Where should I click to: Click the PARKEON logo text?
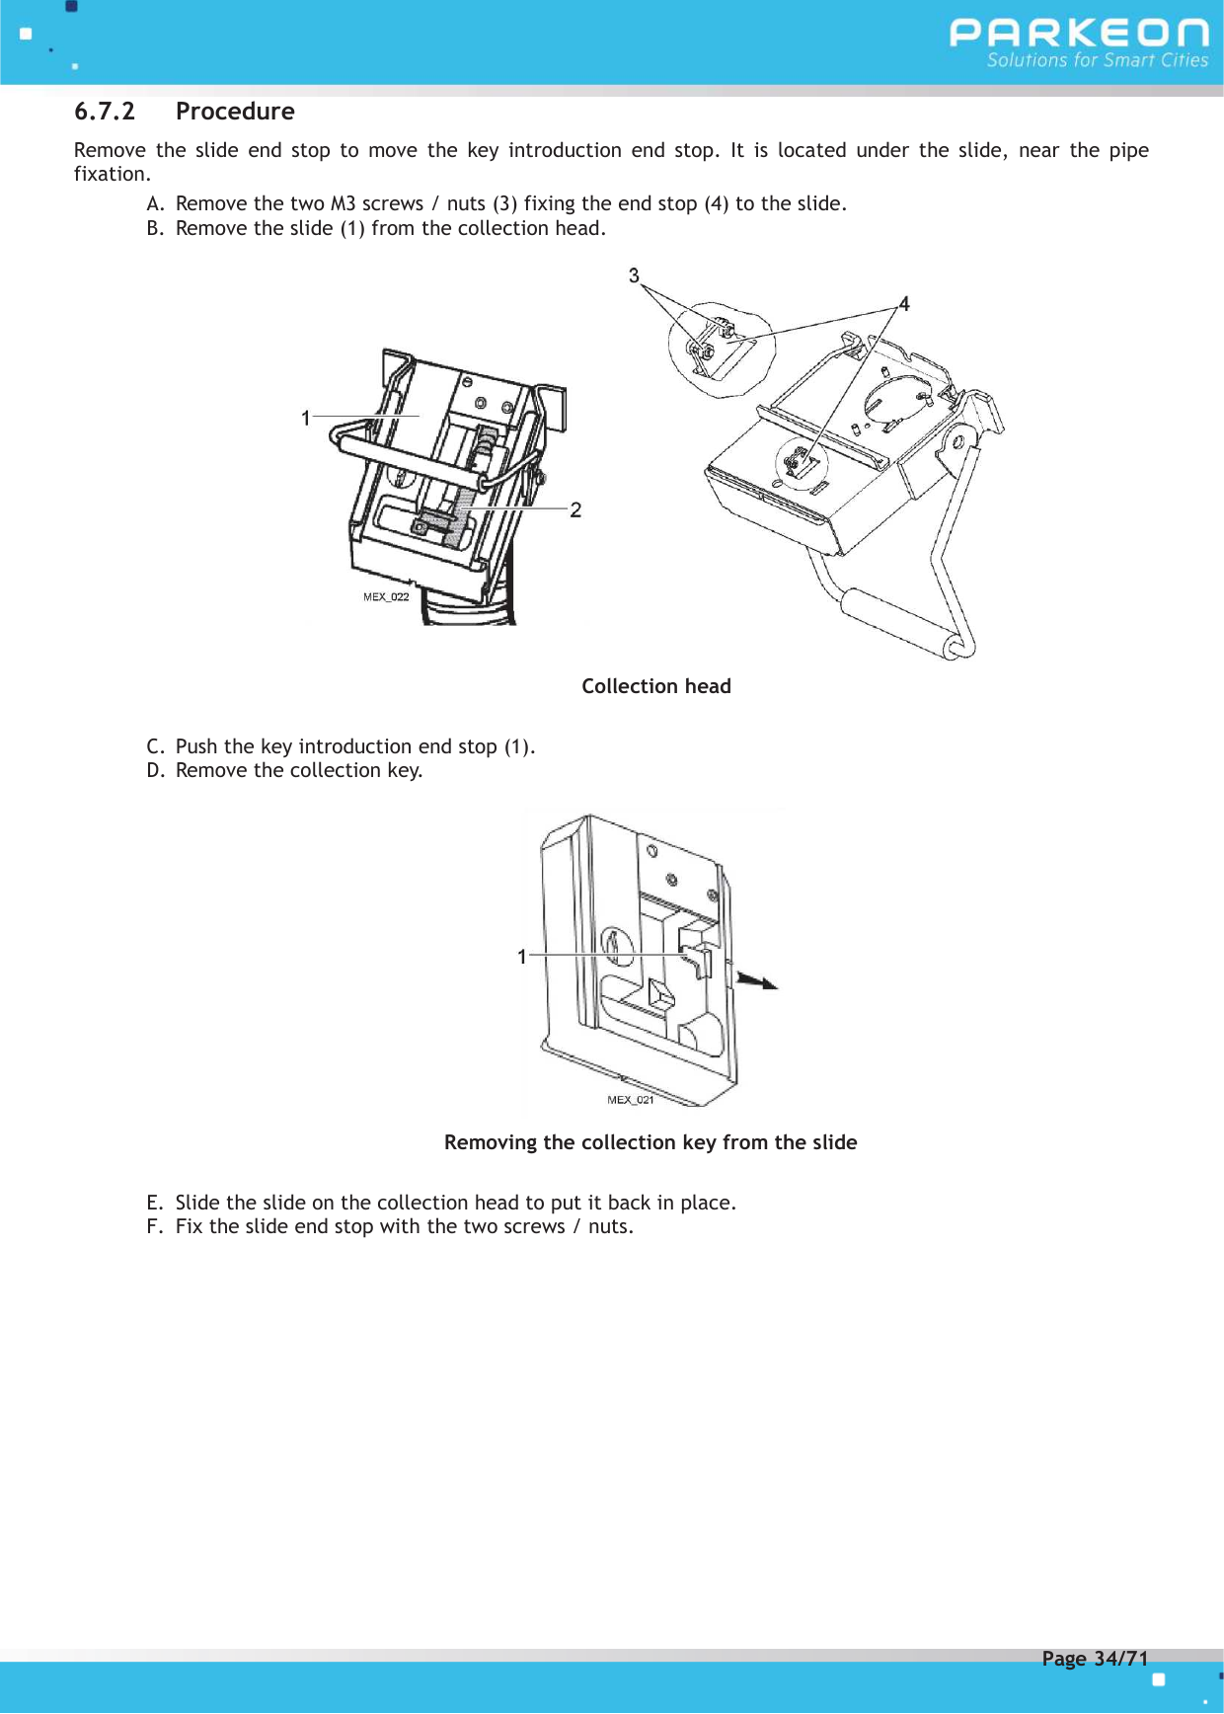click(x=1078, y=33)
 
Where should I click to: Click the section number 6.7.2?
click(x=105, y=112)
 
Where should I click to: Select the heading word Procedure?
click(x=235, y=112)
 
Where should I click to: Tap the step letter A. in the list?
click(x=155, y=204)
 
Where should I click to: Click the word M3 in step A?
click(x=343, y=204)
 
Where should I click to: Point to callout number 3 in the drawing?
click(x=634, y=275)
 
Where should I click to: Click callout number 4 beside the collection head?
click(x=904, y=304)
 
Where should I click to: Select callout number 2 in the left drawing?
click(x=575, y=509)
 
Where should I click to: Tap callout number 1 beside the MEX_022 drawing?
click(x=306, y=419)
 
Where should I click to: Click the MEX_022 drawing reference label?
click(x=386, y=596)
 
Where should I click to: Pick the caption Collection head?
click(x=655, y=686)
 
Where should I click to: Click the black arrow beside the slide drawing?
click(x=757, y=980)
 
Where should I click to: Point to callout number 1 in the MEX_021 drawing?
click(x=522, y=957)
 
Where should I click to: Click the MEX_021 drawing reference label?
click(x=630, y=1100)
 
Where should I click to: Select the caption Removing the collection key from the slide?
click(x=650, y=1142)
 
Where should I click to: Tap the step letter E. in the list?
click(x=155, y=1203)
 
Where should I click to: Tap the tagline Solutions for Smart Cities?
click(x=1097, y=60)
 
